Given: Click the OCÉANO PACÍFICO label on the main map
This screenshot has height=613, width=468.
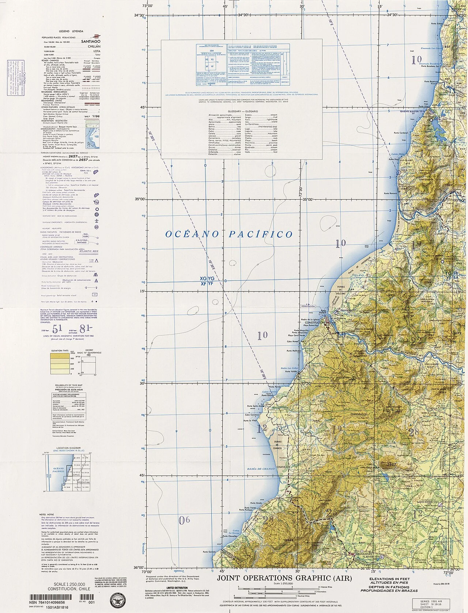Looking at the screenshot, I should [x=229, y=234].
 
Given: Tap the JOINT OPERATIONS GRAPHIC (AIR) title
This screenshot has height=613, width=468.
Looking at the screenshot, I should [x=284, y=578].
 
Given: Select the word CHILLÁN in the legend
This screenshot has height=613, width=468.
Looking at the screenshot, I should [x=93, y=47].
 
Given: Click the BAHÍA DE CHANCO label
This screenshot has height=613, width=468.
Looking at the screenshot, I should [x=260, y=469].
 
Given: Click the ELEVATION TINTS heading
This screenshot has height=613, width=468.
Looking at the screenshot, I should [x=60, y=350].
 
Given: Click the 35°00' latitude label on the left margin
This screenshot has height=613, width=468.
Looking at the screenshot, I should [x=139, y=199].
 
